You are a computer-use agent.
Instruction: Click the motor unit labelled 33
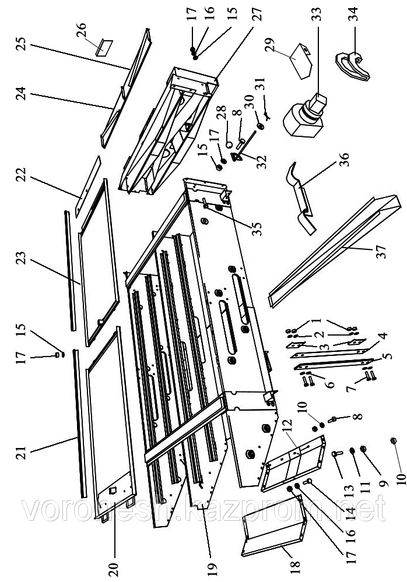tap(306, 117)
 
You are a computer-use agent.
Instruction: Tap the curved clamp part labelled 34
tap(354, 65)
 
